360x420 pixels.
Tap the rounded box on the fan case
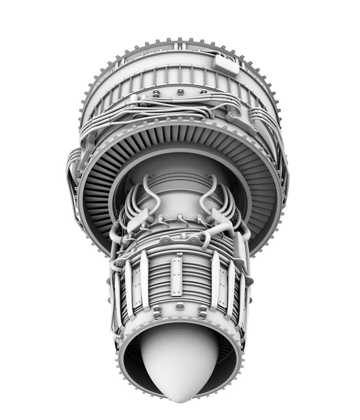226,64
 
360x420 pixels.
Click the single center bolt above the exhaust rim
180,307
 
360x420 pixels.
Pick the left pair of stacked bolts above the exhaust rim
157,312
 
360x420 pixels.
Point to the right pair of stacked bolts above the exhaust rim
202,312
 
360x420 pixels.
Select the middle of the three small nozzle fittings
180,217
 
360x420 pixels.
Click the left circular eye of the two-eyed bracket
166,241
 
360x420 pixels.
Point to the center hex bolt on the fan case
180,92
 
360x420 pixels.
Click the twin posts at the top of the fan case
180,45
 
